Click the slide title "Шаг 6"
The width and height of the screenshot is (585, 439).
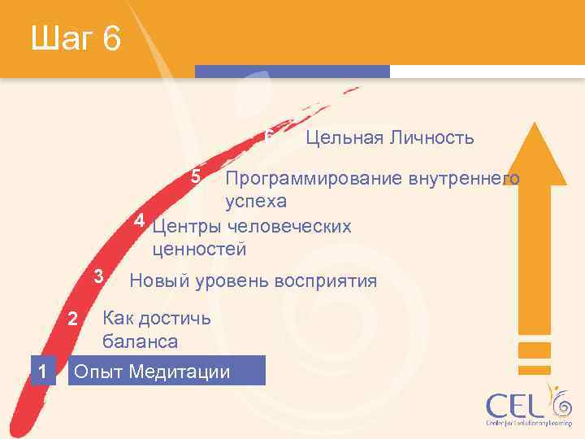pyautogui.click(x=76, y=38)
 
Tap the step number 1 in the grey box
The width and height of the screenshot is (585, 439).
pyautogui.click(x=41, y=372)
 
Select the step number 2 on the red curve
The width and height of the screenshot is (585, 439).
pyautogui.click(x=72, y=319)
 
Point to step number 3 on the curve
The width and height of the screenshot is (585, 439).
pyautogui.click(x=98, y=276)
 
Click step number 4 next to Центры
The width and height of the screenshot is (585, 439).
pyautogui.click(x=140, y=221)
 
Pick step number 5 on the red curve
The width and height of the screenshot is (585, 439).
pyautogui.click(x=195, y=176)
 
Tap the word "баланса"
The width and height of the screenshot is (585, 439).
pyautogui.click(x=140, y=341)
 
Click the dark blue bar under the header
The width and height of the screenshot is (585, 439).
pyautogui.click(x=317, y=72)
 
